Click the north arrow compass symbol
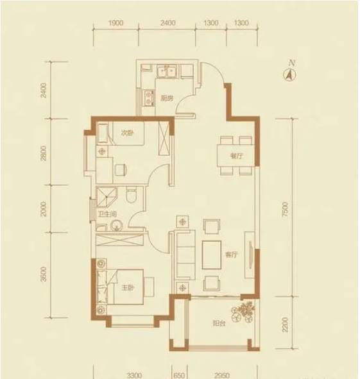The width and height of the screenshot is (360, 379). pyautogui.click(x=289, y=74)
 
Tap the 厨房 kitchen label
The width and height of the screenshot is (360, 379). pyautogui.click(x=167, y=98)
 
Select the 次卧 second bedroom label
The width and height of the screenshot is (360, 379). pyautogui.click(x=127, y=133)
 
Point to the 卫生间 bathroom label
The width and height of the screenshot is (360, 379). pyautogui.click(x=107, y=214)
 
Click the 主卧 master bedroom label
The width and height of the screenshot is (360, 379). pyautogui.click(x=128, y=288)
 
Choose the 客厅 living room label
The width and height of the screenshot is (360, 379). pyautogui.click(x=232, y=255)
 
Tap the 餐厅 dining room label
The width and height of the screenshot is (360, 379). pyautogui.click(x=236, y=156)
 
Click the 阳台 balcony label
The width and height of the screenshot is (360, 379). pyautogui.click(x=219, y=323)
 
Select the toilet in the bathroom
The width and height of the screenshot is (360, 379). pyautogui.click(x=132, y=194)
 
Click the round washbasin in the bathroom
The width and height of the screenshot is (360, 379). pyautogui.click(x=117, y=226)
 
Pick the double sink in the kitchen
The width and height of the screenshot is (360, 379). pyautogui.click(x=167, y=71)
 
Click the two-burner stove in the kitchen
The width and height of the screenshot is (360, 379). pyautogui.click(x=148, y=98)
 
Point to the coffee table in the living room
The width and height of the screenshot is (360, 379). pyautogui.click(x=212, y=255)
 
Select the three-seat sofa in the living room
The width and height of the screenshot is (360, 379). pyautogui.click(x=185, y=254)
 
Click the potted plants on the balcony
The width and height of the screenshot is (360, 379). pyautogui.click(x=243, y=312)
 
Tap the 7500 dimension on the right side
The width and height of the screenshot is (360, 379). pyautogui.click(x=286, y=209)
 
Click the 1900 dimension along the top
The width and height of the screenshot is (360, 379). pyautogui.click(x=116, y=23)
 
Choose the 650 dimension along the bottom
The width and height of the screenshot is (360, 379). pyautogui.click(x=179, y=375)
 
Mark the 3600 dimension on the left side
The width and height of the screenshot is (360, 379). pyautogui.click(x=44, y=274)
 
